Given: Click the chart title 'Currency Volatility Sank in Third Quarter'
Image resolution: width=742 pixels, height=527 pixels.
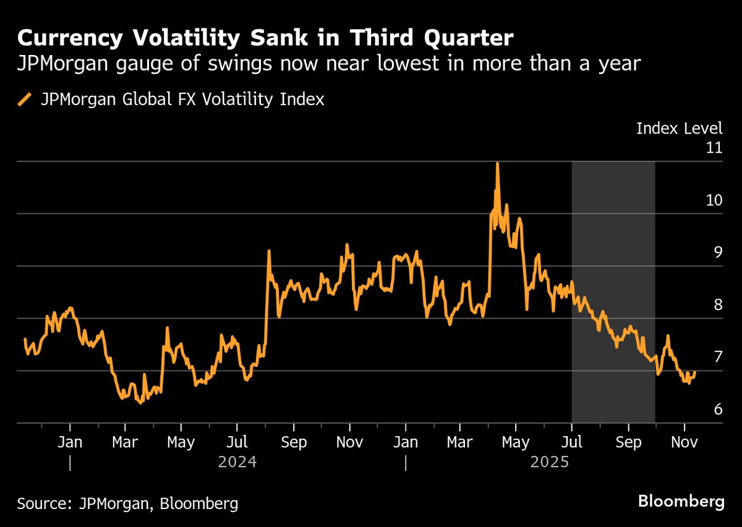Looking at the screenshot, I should [x=265, y=38].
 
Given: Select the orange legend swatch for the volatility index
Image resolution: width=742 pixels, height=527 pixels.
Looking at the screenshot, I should [x=25, y=99].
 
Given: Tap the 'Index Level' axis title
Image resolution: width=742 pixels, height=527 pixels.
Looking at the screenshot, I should [x=679, y=129].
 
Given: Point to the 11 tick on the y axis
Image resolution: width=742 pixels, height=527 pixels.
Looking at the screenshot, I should [x=714, y=148].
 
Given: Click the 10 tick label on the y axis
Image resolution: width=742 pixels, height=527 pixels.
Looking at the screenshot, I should [x=714, y=200].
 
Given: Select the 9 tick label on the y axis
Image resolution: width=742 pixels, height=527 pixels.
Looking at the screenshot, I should [x=717, y=253].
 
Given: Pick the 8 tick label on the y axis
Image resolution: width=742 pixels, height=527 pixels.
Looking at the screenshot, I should [x=717, y=305].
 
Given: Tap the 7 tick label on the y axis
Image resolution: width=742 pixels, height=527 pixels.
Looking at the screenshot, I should [x=717, y=357].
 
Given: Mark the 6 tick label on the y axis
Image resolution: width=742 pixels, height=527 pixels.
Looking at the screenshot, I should [x=717, y=410].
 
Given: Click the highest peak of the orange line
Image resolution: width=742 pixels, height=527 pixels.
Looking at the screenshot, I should [x=497, y=163].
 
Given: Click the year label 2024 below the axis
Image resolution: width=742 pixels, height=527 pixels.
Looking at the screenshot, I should [x=238, y=462].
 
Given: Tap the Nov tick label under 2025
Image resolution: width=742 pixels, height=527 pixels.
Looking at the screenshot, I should [x=684, y=442].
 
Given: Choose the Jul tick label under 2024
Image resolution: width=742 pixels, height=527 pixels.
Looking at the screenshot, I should [x=237, y=442].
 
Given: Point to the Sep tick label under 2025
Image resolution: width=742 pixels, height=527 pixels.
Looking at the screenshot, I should [x=628, y=442].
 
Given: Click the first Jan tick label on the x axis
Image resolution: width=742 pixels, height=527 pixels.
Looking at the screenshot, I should [x=70, y=442].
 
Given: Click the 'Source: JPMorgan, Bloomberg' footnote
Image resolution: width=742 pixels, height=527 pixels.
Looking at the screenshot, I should [x=127, y=503].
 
